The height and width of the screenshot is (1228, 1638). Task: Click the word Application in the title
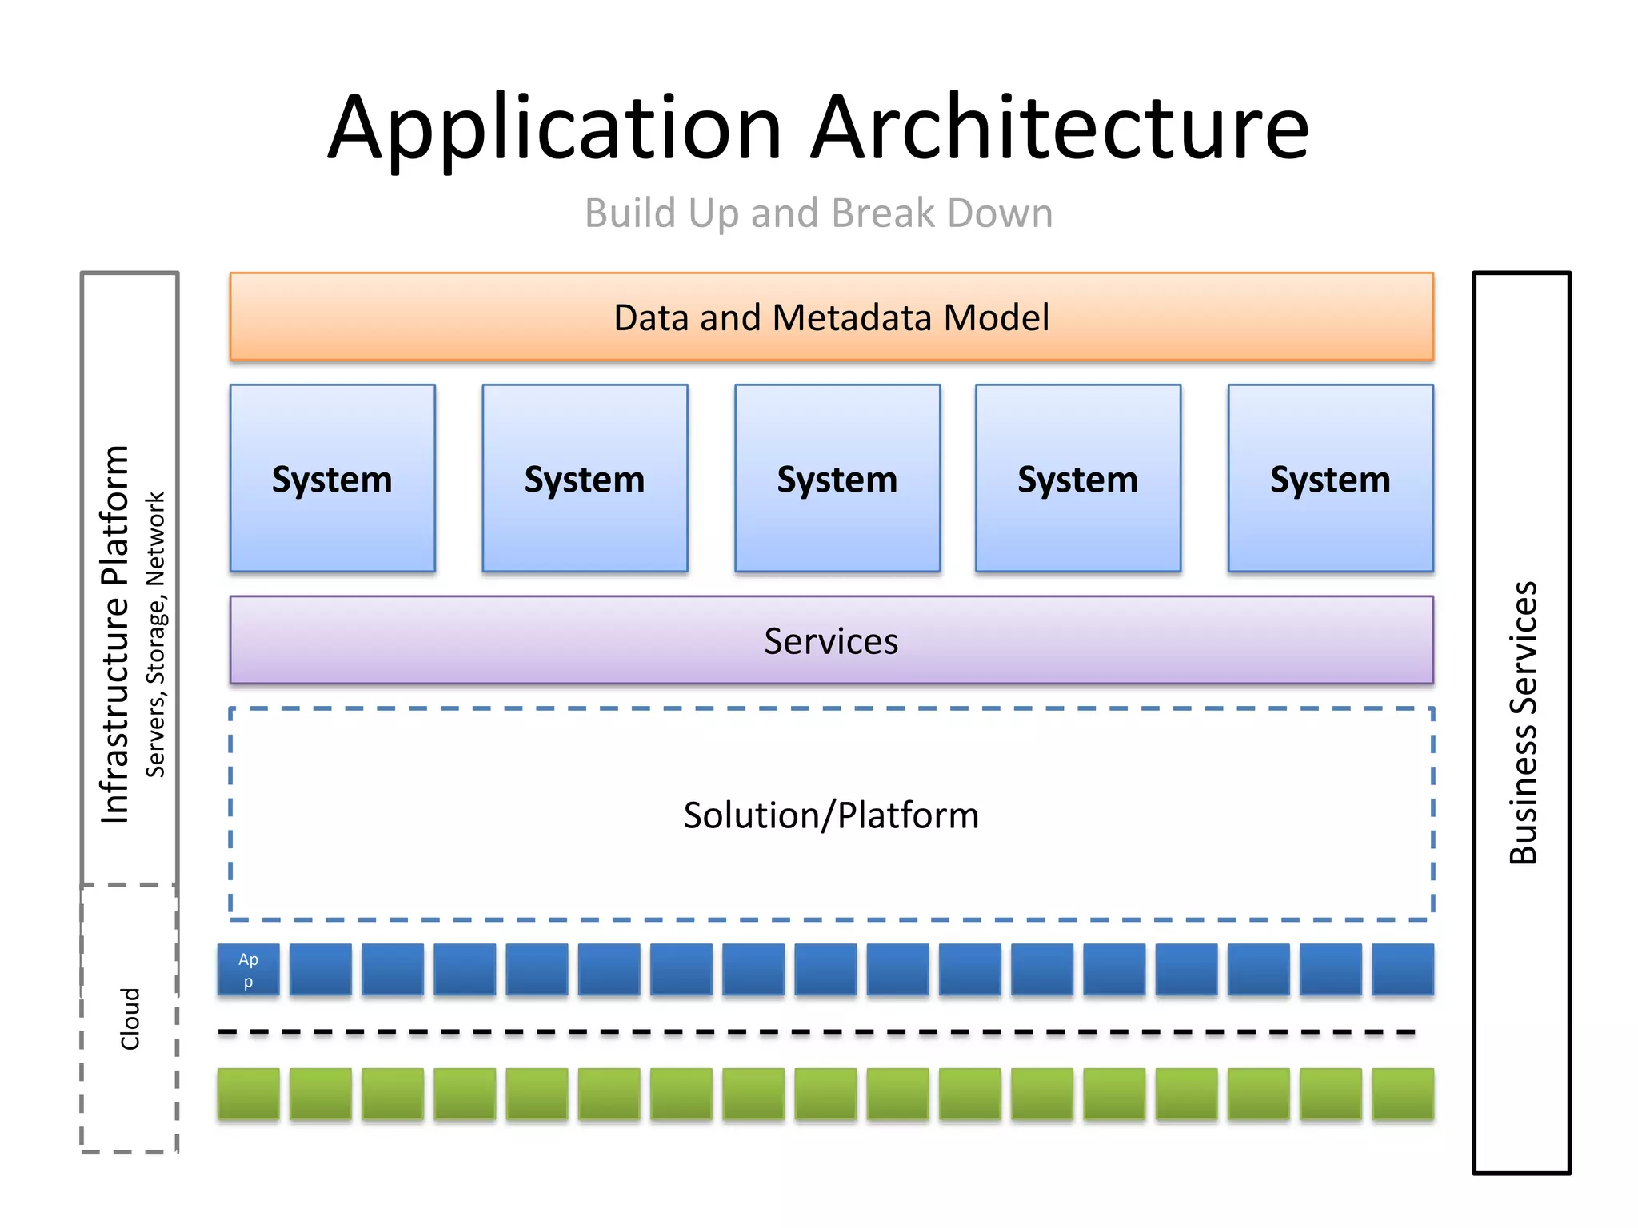(x=554, y=128)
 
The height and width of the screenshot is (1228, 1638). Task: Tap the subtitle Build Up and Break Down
(x=818, y=213)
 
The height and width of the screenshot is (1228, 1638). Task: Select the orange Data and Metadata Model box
(x=831, y=317)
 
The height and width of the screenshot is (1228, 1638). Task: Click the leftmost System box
(x=332, y=478)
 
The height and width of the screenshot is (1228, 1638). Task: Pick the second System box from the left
(x=585, y=478)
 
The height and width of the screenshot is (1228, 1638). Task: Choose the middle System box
(x=837, y=478)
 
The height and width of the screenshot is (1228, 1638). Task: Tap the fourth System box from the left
(x=1077, y=478)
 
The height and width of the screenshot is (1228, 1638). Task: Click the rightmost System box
(x=1330, y=478)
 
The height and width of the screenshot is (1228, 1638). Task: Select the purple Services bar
(x=831, y=640)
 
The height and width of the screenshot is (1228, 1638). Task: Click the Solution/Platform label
(x=831, y=815)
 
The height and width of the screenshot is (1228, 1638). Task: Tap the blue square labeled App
(x=249, y=970)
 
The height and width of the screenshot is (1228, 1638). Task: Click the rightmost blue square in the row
(x=1402, y=970)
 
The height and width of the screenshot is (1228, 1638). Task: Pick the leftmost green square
(x=249, y=1094)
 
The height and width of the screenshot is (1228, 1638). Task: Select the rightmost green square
(x=1402, y=1094)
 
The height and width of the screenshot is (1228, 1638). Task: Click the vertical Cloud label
(x=130, y=1019)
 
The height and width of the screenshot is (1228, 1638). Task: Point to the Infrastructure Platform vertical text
(x=115, y=634)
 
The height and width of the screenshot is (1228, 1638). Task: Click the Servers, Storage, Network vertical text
(x=155, y=634)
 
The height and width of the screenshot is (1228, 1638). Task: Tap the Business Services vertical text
(x=1523, y=723)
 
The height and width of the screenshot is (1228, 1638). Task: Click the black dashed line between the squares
(x=816, y=1032)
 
